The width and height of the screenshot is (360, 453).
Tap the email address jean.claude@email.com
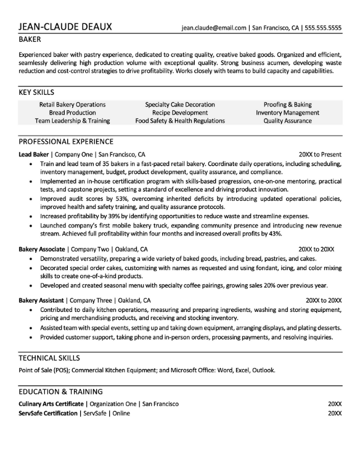pyautogui.click(x=213, y=28)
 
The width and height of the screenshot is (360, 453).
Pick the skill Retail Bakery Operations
pyautogui.click(x=72, y=105)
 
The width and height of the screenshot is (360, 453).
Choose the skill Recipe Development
pyautogui.click(x=180, y=113)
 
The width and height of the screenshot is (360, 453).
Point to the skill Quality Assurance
pyautogui.click(x=287, y=121)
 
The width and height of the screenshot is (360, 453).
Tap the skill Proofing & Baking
pyautogui.click(x=287, y=105)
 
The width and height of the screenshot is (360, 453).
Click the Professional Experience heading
pyautogui.click(x=65, y=141)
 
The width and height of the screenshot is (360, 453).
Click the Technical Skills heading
pyautogui.click(x=49, y=357)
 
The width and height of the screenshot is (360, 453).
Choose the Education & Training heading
pyautogui.click(x=60, y=391)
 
